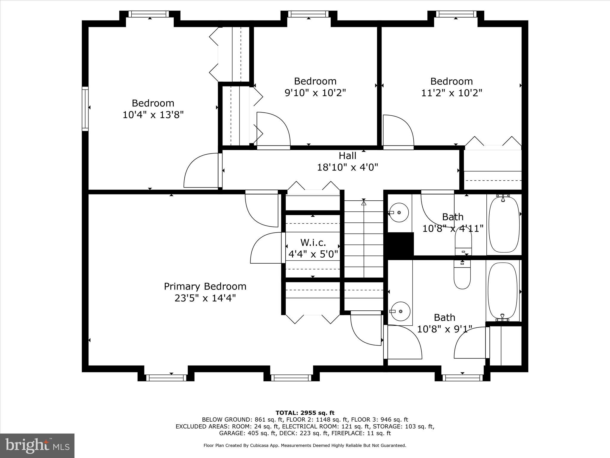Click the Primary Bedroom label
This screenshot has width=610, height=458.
[205, 286]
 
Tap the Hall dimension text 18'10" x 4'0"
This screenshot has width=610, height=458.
[347, 167]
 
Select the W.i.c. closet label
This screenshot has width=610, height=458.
[313, 242]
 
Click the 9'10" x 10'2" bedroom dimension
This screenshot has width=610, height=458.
[315, 93]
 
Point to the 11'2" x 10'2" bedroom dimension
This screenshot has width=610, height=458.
[452, 93]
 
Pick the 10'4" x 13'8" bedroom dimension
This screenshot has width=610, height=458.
[153, 114]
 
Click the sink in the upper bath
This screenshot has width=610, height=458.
[399, 213]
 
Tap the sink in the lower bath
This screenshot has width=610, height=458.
[400, 311]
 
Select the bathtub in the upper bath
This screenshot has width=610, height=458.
[504, 224]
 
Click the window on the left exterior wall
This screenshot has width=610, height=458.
[85, 109]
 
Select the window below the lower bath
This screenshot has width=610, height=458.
[462, 378]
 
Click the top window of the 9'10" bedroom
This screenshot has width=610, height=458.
[309, 14]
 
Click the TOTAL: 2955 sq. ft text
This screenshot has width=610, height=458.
[305, 413]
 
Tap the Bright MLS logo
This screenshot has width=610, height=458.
[37, 445]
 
